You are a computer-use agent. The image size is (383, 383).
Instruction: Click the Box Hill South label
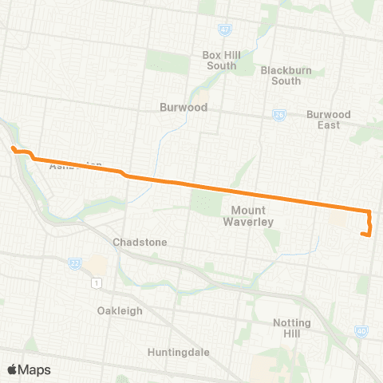pos(219,61)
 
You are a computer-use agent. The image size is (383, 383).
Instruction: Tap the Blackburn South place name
pos(281,75)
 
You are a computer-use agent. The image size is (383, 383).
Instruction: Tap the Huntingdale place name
pos(177,351)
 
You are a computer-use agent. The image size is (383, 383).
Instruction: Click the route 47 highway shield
pos(226,30)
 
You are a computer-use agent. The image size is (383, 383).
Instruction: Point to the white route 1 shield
pos(97,282)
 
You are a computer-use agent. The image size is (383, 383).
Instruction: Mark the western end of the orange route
pos(13,148)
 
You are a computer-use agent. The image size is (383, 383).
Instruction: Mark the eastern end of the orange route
pos(363,235)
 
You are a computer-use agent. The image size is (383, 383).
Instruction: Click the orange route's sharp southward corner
pos(369,210)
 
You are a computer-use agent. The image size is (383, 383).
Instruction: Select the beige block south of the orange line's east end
pos(338,219)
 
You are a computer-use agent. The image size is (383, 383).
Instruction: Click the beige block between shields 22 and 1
pos(96,264)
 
